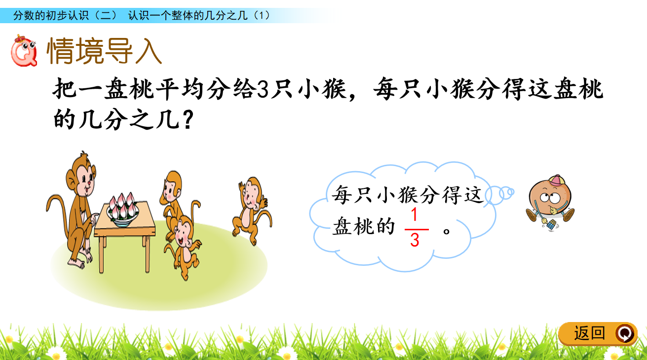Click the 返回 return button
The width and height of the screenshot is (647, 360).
(598, 333)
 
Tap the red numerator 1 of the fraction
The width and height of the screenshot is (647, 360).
(414, 215)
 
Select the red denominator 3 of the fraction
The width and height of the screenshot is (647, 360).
(415, 240)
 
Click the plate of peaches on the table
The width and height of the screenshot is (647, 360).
(123, 209)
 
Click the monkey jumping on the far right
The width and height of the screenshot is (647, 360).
(252, 209)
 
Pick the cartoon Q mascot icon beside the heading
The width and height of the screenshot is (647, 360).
(24, 51)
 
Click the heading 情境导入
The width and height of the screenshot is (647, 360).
(104, 51)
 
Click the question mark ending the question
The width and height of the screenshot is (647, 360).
(188, 120)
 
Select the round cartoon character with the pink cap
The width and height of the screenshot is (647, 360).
(550, 202)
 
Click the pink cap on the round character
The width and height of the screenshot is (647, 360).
(557, 181)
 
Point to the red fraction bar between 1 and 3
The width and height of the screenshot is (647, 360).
(417, 229)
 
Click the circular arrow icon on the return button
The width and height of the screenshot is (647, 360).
(625, 334)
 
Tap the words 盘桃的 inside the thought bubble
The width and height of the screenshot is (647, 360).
(363, 226)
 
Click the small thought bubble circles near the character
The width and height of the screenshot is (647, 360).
(500, 195)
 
